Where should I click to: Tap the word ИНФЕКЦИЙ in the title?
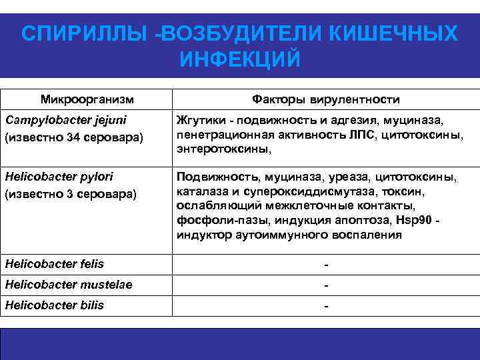240,60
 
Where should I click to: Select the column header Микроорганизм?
87,99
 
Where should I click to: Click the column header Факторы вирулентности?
326,99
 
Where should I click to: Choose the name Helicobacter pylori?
59,177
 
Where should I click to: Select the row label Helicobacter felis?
54,264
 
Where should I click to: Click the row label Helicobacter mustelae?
68,285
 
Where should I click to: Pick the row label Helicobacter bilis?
54,305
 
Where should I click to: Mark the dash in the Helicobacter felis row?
326,265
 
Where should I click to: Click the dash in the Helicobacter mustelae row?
326,285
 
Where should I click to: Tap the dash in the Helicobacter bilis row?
326,306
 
